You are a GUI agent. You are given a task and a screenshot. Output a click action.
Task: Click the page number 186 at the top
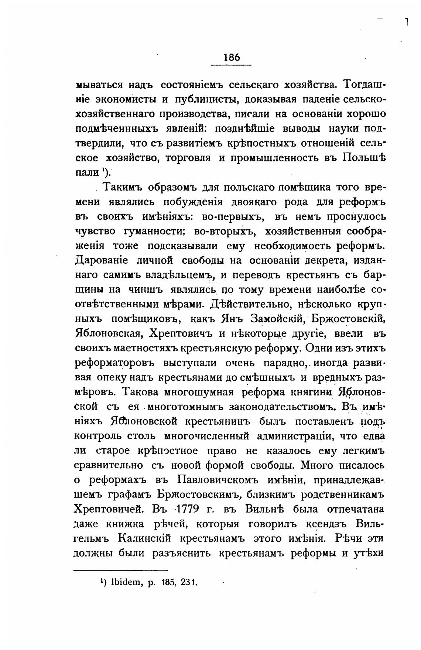pos(232,57)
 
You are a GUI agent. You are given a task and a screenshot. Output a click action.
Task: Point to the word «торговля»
pos(188,158)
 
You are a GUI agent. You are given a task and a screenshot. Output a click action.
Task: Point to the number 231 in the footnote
pos(189,582)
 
